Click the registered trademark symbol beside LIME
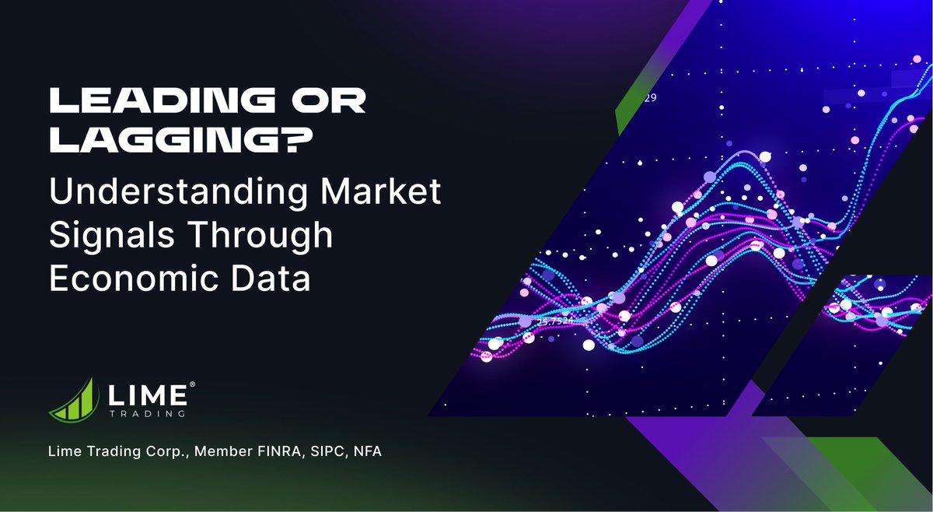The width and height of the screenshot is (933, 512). point(192,384)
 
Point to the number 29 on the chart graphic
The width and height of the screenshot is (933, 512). point(650,98)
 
